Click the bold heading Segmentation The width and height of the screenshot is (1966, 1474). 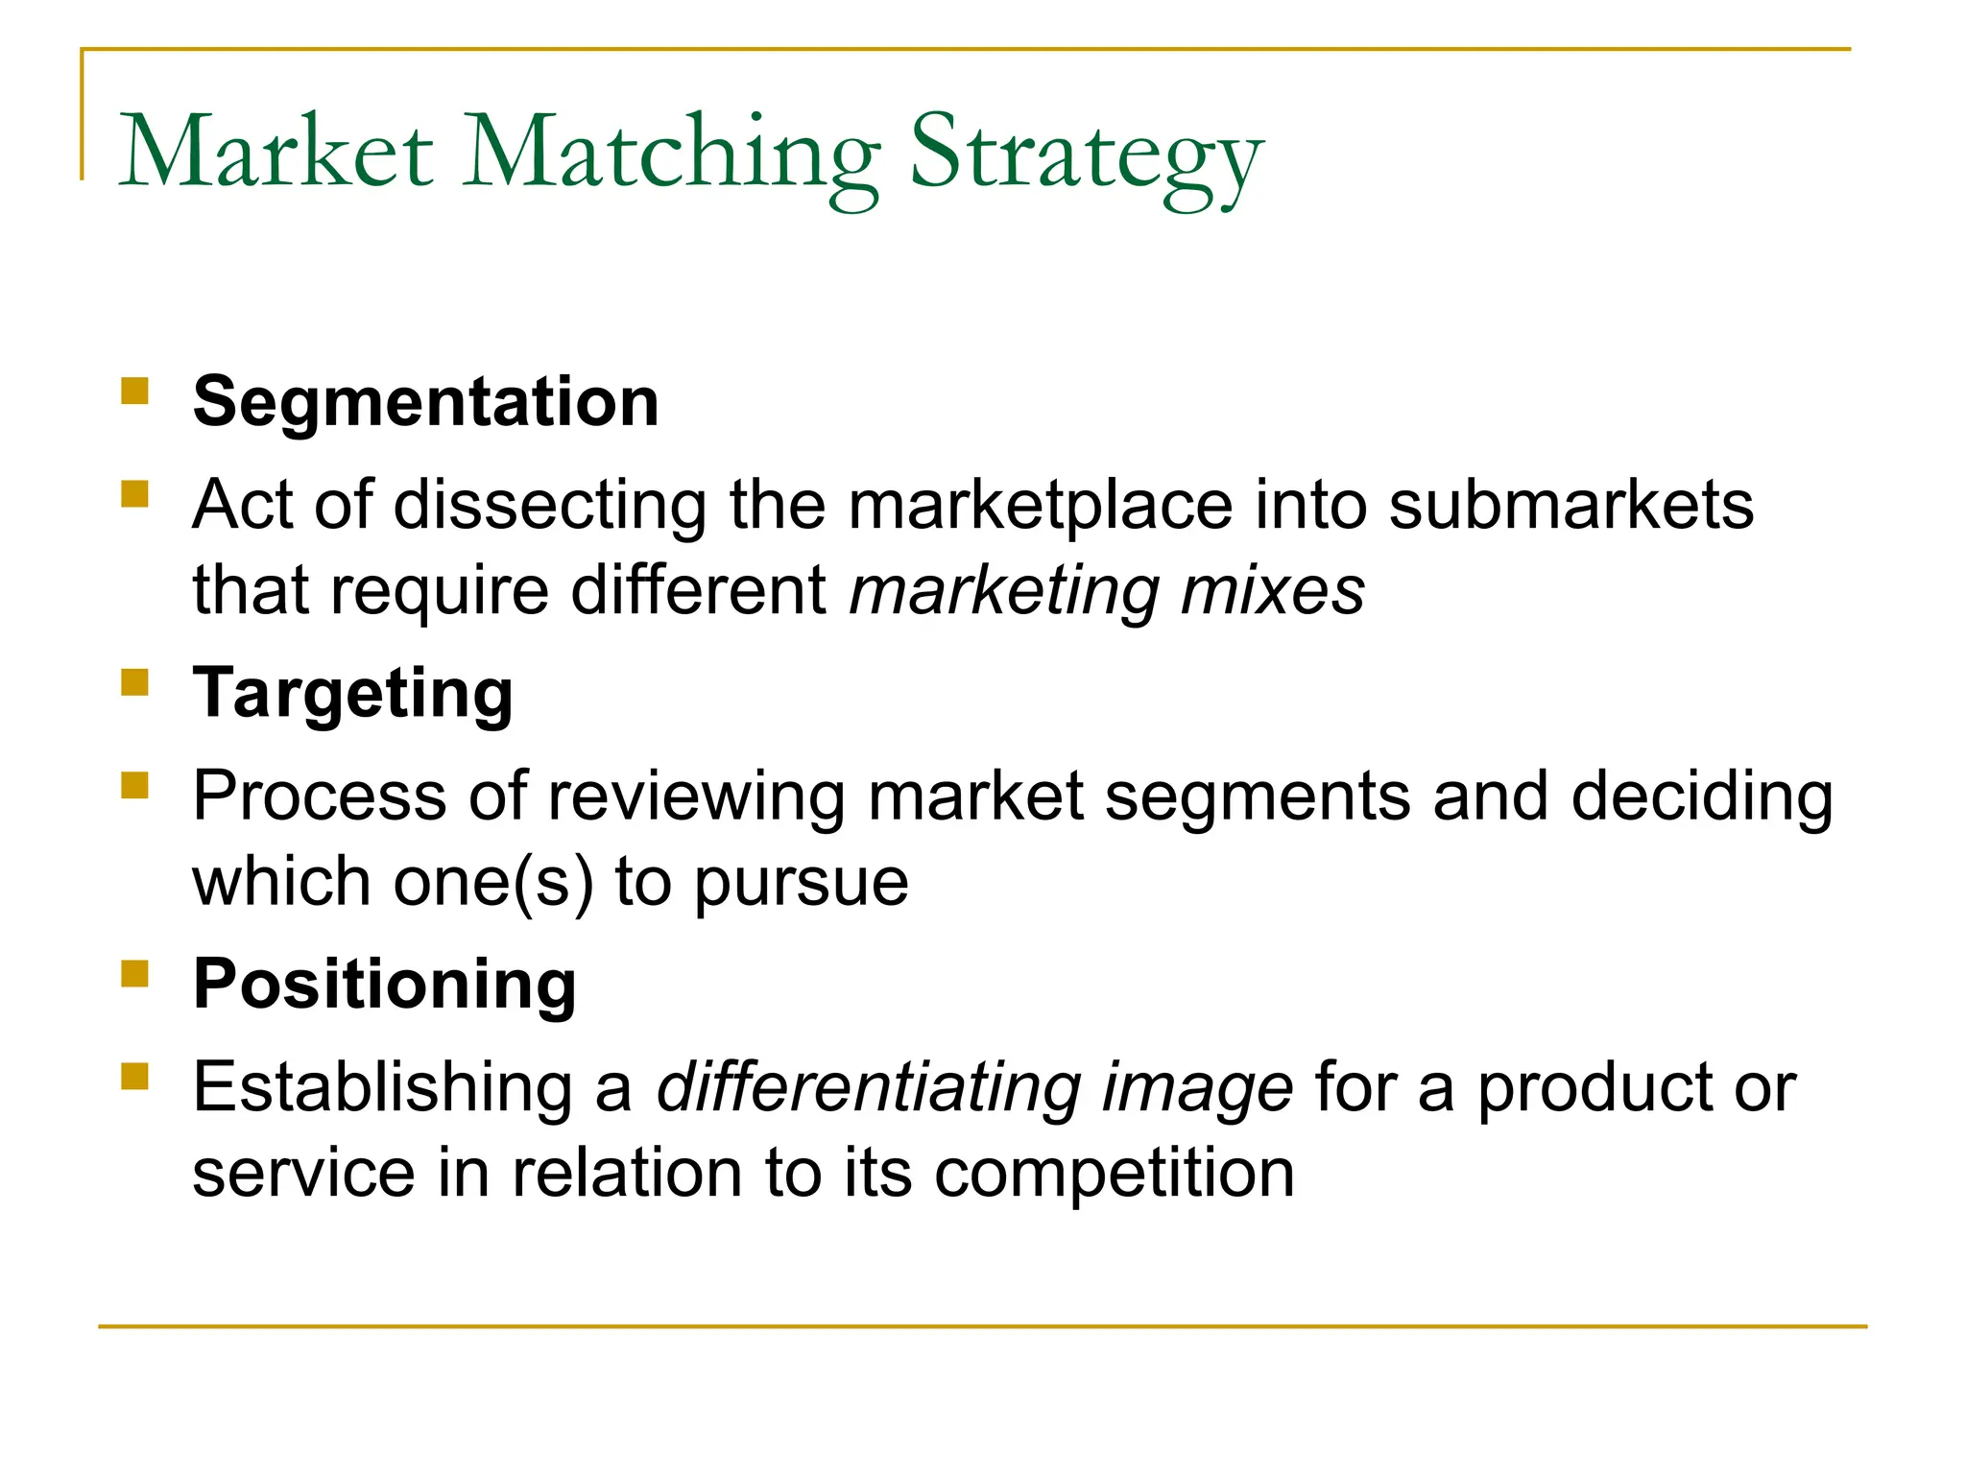point(425,401)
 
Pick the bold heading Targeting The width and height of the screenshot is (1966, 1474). point(352,693)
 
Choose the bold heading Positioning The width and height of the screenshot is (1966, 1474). point(384,985)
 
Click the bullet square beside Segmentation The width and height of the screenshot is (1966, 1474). point(135,391)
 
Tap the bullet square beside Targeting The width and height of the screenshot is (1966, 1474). point(135,682)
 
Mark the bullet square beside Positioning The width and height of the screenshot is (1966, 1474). point(135,974)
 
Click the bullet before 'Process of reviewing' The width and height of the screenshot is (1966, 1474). point(135,786)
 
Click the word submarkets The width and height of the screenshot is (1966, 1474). point(1571,505)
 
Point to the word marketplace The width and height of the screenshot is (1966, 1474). point(1041,507)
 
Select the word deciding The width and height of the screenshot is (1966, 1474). point(1702,797)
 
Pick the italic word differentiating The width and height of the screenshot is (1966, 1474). point(870,1088)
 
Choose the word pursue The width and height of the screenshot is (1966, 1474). point(802,884)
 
